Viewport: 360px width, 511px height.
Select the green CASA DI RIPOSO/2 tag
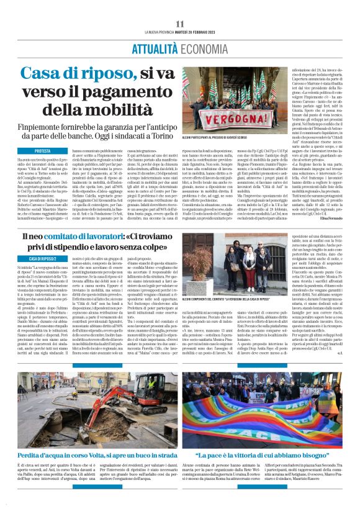click(43, 258)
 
